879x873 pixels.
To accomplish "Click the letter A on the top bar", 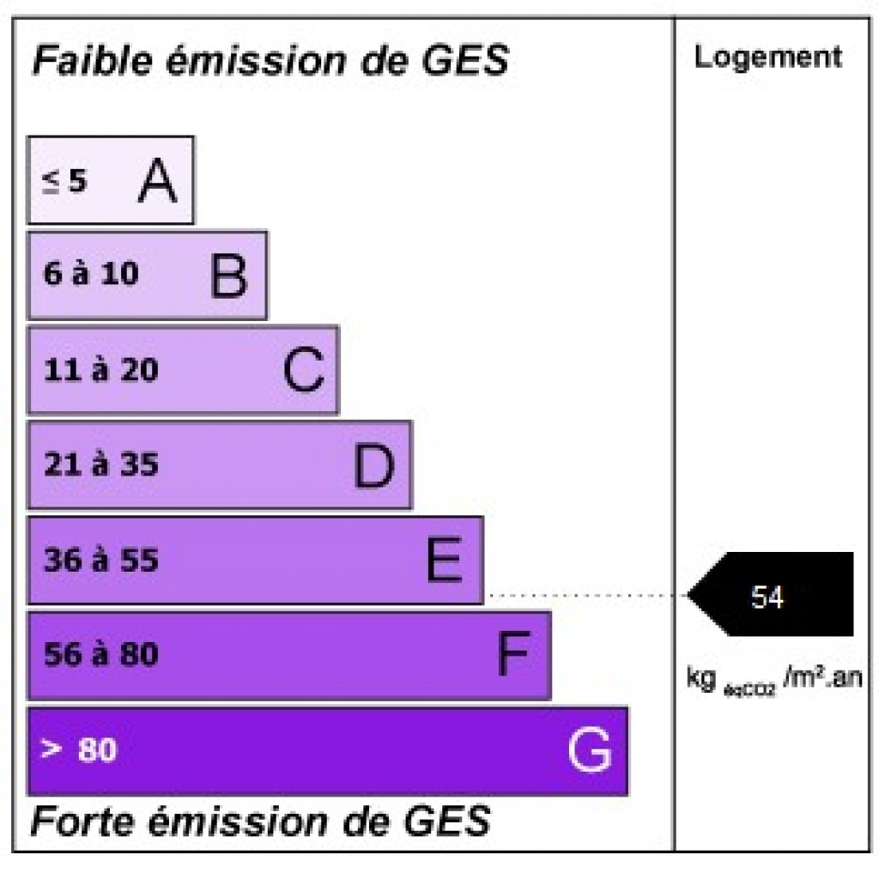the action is pos(158,180).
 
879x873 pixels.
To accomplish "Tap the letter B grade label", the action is pos(228,275).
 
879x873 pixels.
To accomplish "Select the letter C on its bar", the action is pos(303,369).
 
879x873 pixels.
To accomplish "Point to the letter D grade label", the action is pos(374,464).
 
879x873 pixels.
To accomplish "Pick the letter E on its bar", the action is pos(444,559).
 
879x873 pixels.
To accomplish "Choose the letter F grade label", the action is pos(513,653).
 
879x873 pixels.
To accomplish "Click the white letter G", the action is pos(589,749).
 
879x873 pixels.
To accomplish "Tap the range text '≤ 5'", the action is pos(64,181).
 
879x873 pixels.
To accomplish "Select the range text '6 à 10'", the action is pos(91,274).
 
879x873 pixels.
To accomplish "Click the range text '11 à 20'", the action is pos(101,370).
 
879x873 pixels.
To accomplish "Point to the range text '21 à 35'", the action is pos(101,464).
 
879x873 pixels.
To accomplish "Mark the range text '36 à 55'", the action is pos(101,560).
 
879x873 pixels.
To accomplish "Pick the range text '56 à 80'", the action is pos(101,654).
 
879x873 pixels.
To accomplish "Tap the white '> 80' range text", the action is pos(79,749).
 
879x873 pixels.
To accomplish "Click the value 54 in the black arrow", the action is pos(767,597).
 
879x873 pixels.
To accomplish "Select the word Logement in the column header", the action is pos(768,58).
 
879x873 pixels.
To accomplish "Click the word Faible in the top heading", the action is pos(93,60).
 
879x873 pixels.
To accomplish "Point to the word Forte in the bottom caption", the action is pos(83,821).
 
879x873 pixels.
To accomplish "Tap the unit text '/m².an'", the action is pos(822,676).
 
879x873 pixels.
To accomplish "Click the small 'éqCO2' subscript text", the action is pos(749,689).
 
